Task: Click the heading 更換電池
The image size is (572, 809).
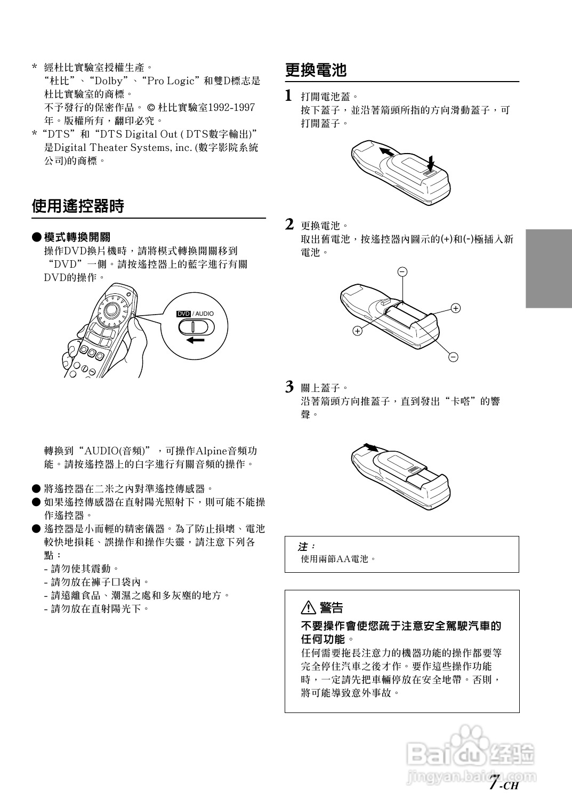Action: (x=316, y=70)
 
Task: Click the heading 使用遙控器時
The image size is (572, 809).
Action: (x=78, y=206)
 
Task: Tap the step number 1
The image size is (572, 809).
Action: (x=288, y=96)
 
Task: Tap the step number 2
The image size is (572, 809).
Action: (x=289, y=225)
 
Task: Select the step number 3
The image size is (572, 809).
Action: (x=289, y=387)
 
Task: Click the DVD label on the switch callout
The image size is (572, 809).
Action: (x=183, y=314)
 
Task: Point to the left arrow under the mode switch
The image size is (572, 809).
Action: (x=195, y=340)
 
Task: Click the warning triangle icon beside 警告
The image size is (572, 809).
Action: (x=309, y=607)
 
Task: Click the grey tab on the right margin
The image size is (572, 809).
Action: (x=549, y=268)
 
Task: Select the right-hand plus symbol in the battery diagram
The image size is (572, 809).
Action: (x=456, y=308)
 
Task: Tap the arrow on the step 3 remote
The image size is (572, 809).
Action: (x=369, y=447)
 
